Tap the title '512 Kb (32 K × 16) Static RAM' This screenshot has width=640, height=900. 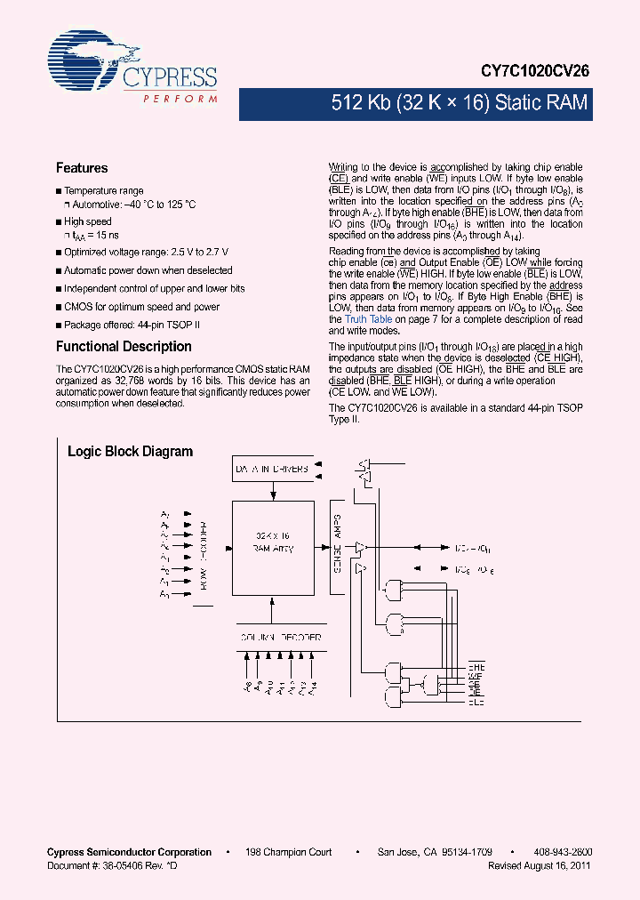(x=458, y=102)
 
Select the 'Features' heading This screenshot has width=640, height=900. (x=82, y=168)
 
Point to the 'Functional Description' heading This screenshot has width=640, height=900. (x=124, y=347)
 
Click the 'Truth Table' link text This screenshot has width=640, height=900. (x=368, y=319)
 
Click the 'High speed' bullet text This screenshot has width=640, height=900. (x=88, y=221)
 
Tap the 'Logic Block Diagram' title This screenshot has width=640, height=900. (x=130, y=452)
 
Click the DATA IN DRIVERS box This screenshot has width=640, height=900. (x=272, y=469)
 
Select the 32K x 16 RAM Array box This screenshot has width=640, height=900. (x=272, y=543)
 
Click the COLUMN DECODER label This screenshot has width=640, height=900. (x=280, y=637)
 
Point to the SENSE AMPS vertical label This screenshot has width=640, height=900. (x=336, y=553)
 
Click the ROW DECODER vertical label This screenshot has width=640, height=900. (x=204, y=551)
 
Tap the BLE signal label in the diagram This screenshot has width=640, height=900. (x=476, y=703)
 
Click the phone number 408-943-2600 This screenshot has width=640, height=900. (x=564, y=852)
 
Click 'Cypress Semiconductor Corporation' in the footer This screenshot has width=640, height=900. (x=129, y=852)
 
